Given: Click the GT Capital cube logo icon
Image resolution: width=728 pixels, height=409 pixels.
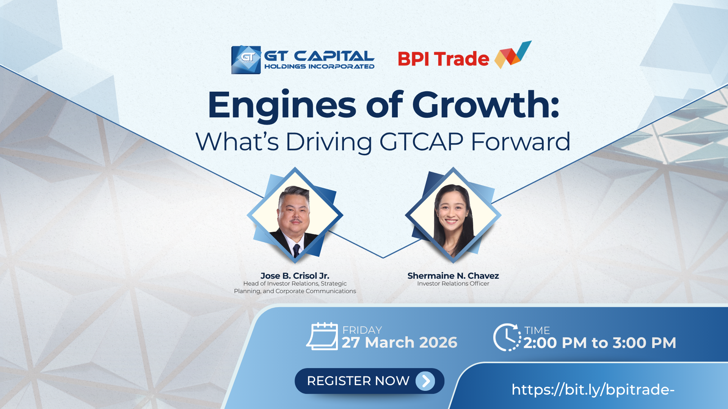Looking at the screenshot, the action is click(246, 60).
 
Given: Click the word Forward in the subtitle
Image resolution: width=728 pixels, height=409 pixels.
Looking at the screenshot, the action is click(521, 142).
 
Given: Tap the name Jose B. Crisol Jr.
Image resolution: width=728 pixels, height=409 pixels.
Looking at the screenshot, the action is click(295, 276).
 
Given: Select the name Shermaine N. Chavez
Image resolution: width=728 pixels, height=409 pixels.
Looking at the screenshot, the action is click(453, 276).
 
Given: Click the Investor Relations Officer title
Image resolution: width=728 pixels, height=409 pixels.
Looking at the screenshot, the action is click(453, 284).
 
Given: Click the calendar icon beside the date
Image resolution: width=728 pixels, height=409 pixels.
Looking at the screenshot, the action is click(322, 336).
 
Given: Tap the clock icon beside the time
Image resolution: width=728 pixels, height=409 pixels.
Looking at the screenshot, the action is click(507, 337).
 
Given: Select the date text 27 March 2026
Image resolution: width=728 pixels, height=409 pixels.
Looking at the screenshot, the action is click(400, 342).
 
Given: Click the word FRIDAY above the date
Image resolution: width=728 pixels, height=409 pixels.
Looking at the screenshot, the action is click(362, 330).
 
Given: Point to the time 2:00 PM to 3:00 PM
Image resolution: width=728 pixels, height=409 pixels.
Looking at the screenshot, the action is click(600, 343).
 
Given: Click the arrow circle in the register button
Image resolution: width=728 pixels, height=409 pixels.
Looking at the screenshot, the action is click(425, 381).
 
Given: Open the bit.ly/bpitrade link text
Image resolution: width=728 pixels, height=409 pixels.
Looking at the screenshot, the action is click(593, 390).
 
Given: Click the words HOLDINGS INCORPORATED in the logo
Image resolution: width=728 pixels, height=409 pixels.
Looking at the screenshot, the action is click(319, 67).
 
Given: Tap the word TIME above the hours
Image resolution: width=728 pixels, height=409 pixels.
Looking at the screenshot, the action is click(537, 331).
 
